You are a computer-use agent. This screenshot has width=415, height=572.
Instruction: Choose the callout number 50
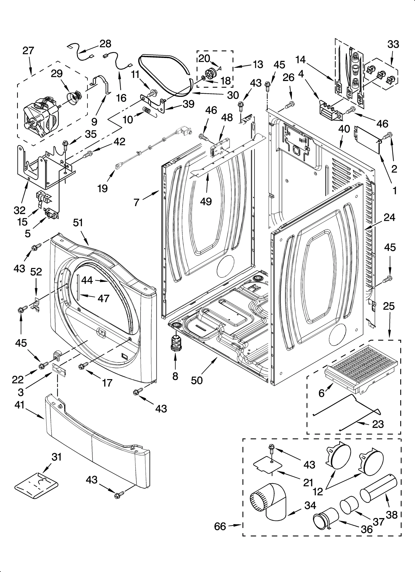pyautogui.click(x=197, y=380)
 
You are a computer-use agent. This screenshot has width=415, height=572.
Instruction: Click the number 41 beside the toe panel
pyautogui.click(x=19, y=405)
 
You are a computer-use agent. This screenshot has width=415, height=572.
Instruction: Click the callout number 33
pyautogui.click(x=393, y=44)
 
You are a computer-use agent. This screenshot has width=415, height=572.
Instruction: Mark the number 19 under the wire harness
pyautogui.click(x=103, y=189)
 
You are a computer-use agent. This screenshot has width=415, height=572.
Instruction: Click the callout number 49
pyautogui.click(x=206, y=201)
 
